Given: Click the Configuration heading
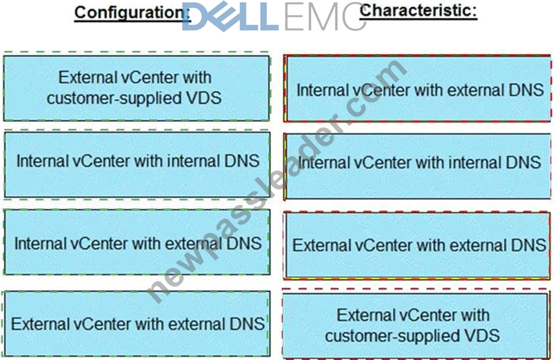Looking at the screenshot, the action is [x=132, y=13].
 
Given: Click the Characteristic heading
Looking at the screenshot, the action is [x=418, y=10].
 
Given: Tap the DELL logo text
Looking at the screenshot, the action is [x=230, y=16].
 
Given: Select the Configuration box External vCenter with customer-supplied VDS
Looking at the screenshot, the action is [x=136, y=88].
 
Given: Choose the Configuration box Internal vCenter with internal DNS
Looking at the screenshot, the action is [x=137, y=165].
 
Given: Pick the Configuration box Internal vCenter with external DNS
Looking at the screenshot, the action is [x=137, y=242].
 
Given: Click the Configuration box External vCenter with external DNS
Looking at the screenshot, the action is [x=136, y=324].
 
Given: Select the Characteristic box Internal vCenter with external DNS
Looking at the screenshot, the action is [x=418, y=89].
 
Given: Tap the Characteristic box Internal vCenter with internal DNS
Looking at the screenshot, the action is [x=418, y=166].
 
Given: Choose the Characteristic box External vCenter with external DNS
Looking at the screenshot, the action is [x=418, y=245].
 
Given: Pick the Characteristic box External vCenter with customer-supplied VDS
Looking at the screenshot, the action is [x=415, y=325].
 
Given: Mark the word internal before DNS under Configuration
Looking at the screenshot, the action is [x=193, y=161].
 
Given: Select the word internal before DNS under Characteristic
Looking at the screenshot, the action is [x=475, y=163].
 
